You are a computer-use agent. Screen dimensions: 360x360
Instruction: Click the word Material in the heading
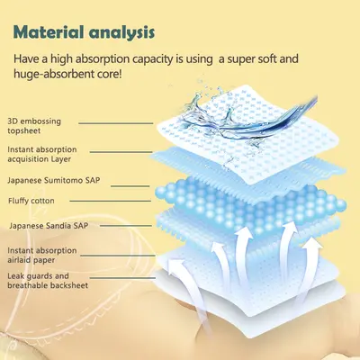pyautogui.click(x=49, y=32)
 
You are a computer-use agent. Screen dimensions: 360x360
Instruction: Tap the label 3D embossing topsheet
pyautogui.click(x=34, y=126)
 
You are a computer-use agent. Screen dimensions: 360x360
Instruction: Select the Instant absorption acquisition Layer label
pyautogui.click(x=42, y=154)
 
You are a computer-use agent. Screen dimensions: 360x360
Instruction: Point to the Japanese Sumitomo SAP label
pyautogui.click(x=54, y=180)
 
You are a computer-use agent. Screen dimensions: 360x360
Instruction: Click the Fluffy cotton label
pyautogui.click(x=31, y=201)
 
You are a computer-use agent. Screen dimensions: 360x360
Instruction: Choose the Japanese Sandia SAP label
pyautogui.click(x=49, y=225)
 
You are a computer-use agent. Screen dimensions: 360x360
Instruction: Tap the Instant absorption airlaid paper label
pyautogui.click(x=42, y=255)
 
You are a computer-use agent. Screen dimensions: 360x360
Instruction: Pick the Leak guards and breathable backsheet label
pyautogui.click(x=48, y=281)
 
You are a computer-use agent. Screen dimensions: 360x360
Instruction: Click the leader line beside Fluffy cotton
pyautogui.click(x=110, y=201)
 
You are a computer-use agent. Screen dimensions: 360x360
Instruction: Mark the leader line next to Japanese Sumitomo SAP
pyautogui.click(x=130, y=186)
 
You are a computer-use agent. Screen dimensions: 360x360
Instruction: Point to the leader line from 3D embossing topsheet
pyautogui.click(x=116, y=123)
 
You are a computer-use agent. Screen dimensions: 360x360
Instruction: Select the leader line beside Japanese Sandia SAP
pyautogui.click(x=126, y=225)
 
